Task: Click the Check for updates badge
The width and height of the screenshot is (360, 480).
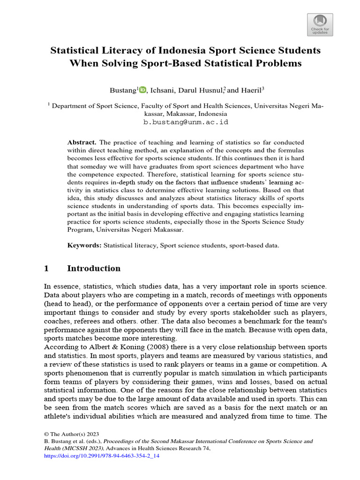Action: coord(320,24)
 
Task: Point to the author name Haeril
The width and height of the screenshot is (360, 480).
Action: coord(252,90)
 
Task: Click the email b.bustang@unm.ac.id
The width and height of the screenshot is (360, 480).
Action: coord(185,122)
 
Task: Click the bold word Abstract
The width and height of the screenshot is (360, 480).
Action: coord(82,142)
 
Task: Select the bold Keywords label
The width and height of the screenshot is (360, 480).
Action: coord(84,245)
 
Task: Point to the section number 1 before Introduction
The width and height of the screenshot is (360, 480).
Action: coord(46,269)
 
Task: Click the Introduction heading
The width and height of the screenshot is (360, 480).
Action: coord(94,269)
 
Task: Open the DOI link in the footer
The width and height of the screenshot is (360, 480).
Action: coord(101,456)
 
